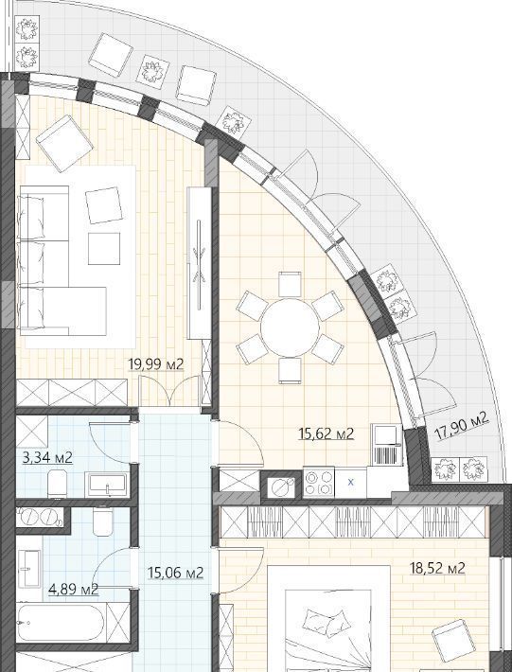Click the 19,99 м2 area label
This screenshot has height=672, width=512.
tap(156, 364)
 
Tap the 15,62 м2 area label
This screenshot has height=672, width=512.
tap(327, 434)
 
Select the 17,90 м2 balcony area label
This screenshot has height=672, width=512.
tap(462, 426)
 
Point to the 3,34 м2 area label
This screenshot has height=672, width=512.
tap(47, 458)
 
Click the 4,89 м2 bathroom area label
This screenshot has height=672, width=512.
tap(73, 590)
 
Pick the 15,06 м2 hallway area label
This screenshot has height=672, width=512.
tap(176, 573)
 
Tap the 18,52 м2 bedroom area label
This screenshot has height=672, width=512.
tap(437, 569)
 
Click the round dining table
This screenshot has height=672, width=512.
tap(290, 327)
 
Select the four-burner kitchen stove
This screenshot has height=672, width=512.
tap(319, 483)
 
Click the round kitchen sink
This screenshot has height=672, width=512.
tap(281, 486)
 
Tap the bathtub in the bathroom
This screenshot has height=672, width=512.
tap(60, 622)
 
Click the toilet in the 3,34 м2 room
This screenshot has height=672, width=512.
tap(57, 485)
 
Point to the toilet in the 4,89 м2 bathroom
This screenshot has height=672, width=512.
tap(102, 522)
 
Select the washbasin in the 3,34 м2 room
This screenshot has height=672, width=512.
tap(106, 485)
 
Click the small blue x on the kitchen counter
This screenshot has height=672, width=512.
tap(351, 482)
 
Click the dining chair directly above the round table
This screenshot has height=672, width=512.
tap(290, 284)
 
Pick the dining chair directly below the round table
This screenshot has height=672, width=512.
tap(290, 370)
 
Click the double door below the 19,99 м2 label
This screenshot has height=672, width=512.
tap(170, 391)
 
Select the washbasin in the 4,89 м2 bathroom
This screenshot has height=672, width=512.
tap(29, 568)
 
